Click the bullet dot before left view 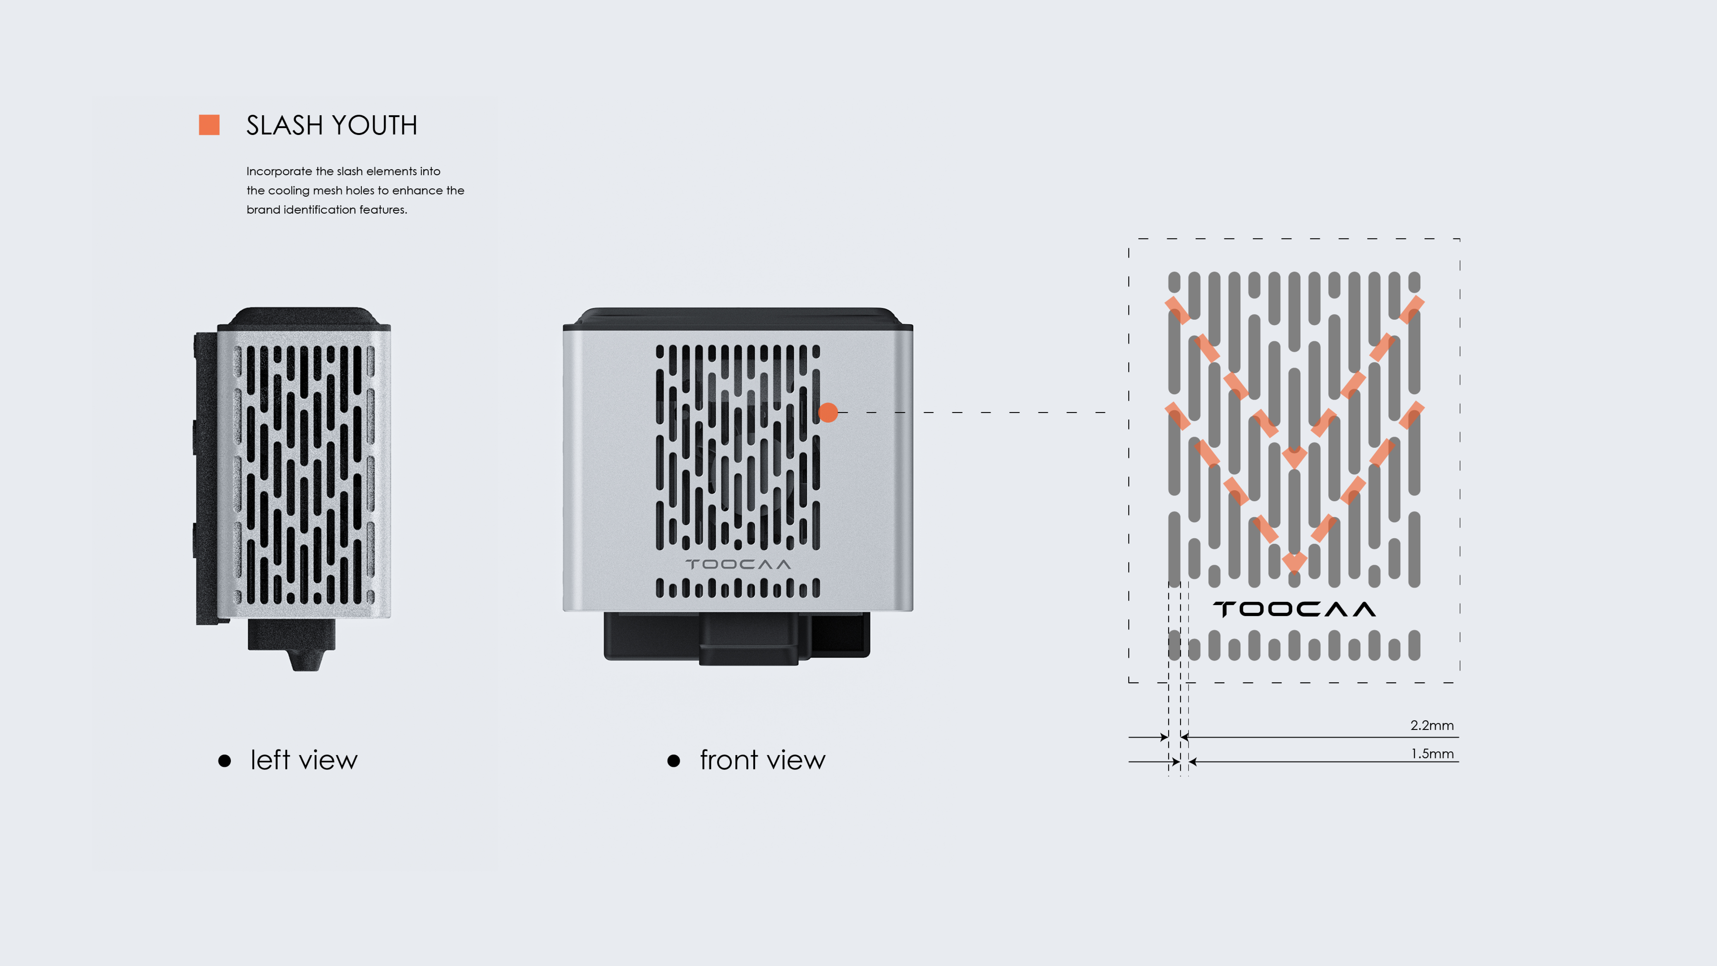coord(225,761)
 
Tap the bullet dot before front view coord(674,761)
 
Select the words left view coord(304,760)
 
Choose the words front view coord(762,760)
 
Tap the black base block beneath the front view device coord(737,637)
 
